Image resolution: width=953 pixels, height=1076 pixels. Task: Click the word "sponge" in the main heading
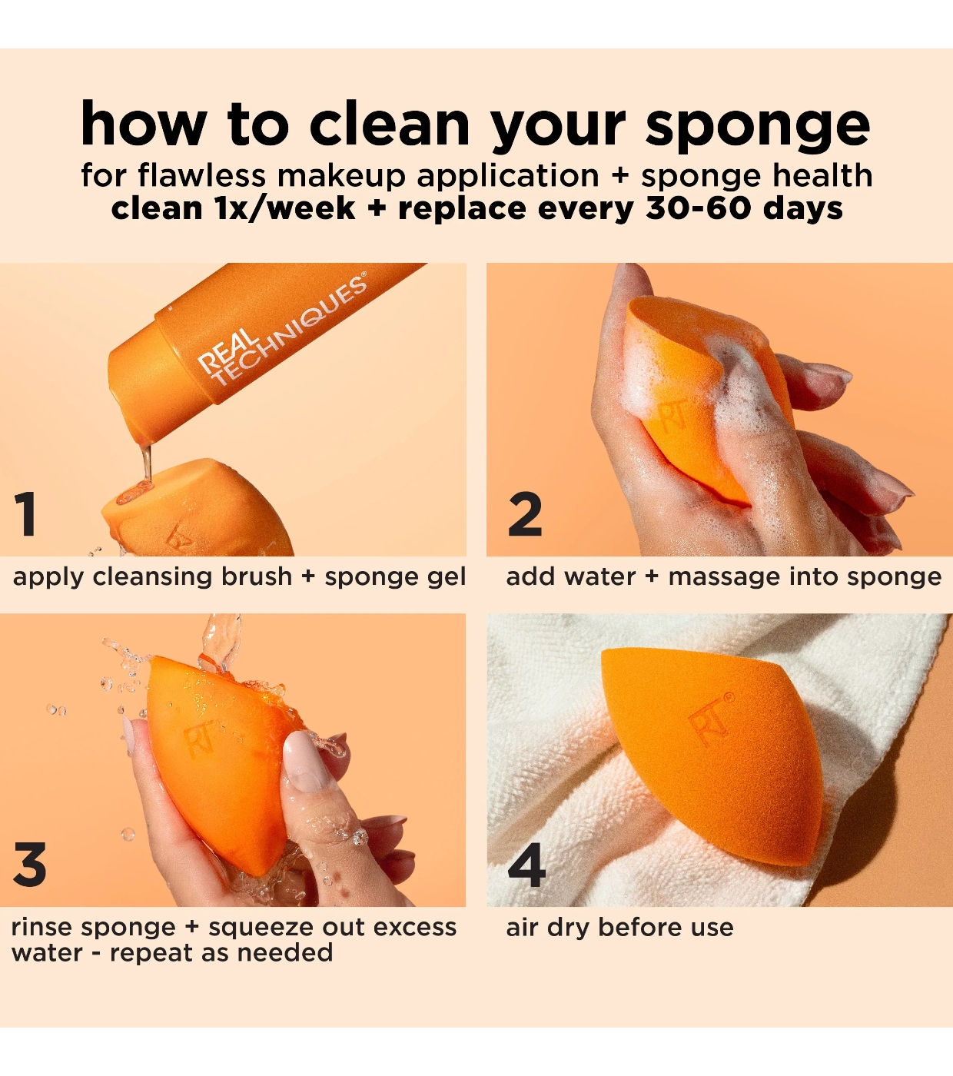coord(758,125)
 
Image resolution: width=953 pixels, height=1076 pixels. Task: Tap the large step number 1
coord(25,513)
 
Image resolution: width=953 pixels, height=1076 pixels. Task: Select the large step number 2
coord(525,513)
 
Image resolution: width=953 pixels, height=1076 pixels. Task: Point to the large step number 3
coord(30,865)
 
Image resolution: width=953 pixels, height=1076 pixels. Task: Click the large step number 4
coord(526,865)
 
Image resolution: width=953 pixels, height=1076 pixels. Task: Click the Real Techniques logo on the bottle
coord(282,329)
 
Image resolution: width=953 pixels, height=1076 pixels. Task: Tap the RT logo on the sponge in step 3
coord(201,736)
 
